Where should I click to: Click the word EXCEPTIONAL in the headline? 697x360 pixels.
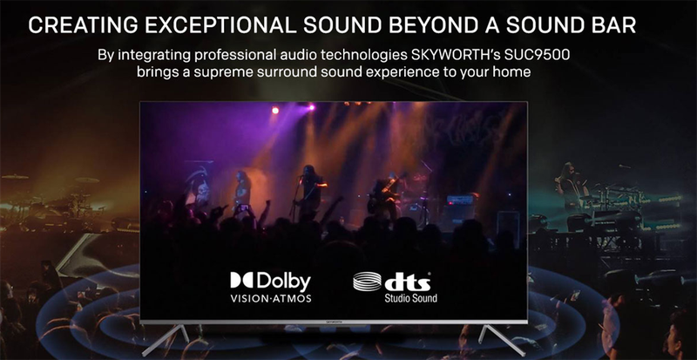click(220, 26)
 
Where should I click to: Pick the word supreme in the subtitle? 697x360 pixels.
click(206, 72)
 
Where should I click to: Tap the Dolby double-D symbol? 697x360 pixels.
click(241, 280)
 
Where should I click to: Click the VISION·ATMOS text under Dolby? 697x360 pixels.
click(271, 298)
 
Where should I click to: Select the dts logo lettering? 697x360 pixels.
click(407, 282)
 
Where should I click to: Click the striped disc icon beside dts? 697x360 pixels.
click(367, 282)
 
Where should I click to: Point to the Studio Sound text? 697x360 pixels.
click(410, 298)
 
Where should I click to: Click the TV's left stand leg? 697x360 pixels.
click(166, 340)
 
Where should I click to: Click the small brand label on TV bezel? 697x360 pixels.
click(334, 321)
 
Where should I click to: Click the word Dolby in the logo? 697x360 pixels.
click(283, 282)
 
